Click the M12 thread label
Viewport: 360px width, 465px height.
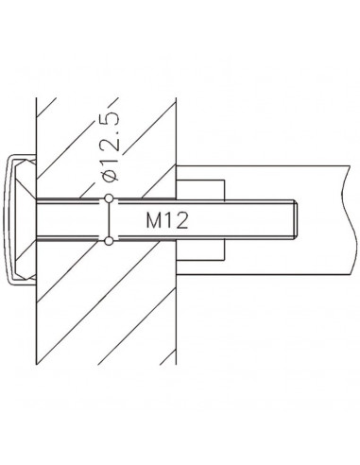(x=167, y=220)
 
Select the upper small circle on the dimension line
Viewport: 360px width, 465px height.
(x=109, y=198)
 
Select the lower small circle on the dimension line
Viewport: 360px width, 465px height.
(x=109, y=241)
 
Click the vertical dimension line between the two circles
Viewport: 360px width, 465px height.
(x=109, y=219)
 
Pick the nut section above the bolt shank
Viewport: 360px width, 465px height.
(x=200, y=190)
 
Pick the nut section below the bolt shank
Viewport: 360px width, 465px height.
(x=200, y=250)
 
